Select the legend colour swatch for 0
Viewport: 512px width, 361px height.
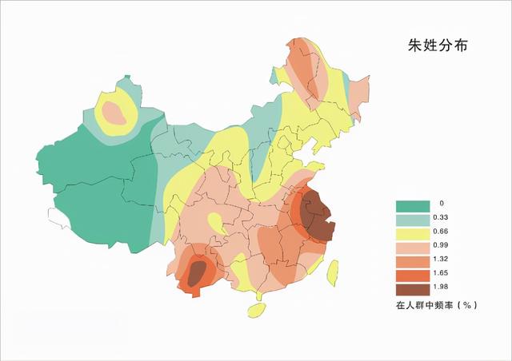click(x=410, y=205)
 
